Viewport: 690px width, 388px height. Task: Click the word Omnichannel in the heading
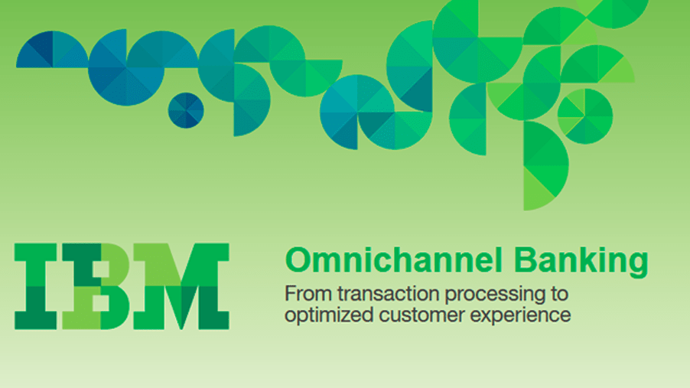point(394,260)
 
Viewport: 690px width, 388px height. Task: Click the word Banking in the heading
point(581,262)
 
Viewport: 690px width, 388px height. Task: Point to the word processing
point(491,295)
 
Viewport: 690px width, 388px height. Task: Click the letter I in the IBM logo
point(36,286)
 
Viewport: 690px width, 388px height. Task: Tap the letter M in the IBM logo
point(181,286)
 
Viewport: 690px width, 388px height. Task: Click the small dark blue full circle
point(186,110)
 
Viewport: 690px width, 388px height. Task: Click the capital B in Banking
point(525,260)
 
